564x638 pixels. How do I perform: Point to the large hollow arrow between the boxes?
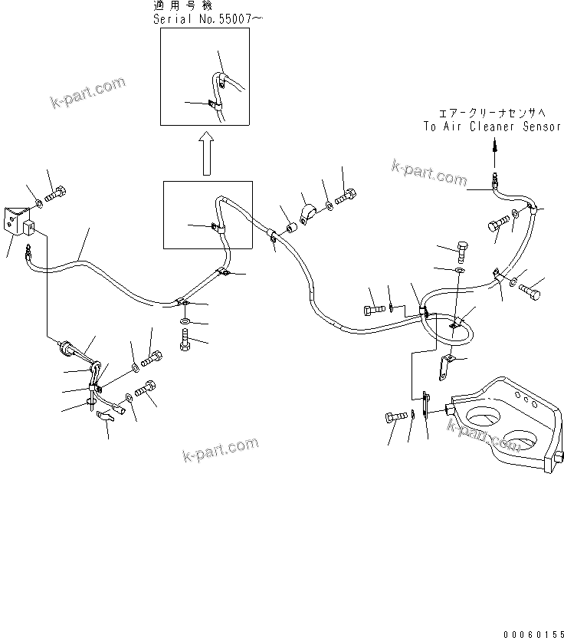(205, 152)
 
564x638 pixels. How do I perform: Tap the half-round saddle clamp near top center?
(310, 214)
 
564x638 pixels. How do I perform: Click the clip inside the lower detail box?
(217, 227)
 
